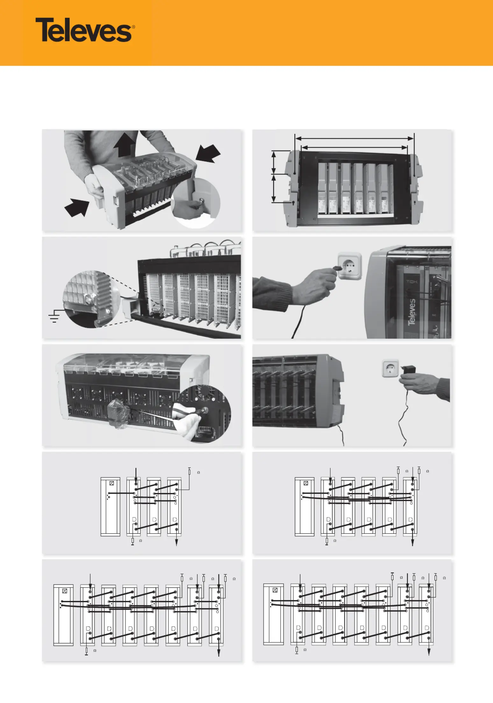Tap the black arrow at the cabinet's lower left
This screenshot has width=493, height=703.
point(76,207)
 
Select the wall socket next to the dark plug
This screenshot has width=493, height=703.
point(349,265)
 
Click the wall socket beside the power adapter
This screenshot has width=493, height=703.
point(390,368)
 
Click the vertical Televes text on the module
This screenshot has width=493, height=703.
point(412,312)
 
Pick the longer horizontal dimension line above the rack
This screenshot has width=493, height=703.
point(354,138)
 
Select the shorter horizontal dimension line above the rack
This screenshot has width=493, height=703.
point(354,148)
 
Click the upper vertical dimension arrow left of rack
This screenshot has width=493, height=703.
point(274,163)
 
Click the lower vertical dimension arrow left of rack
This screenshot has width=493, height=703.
point(274,188)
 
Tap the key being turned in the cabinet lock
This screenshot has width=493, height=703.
point(201,201)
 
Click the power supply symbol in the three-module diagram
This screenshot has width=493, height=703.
point(111,483)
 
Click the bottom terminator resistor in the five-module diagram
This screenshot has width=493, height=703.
point(327,541)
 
